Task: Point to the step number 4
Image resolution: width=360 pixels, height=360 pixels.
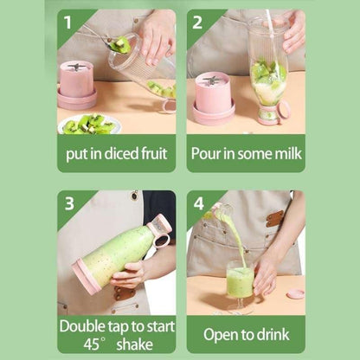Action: coord(198,204)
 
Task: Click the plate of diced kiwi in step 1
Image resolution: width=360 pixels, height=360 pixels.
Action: coord(89,125)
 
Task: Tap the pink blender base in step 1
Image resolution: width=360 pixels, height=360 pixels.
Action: coord(76,85)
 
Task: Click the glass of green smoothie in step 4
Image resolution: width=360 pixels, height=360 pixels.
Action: coord(239,284)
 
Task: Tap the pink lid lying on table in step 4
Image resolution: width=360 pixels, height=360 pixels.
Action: coord(294,293)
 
